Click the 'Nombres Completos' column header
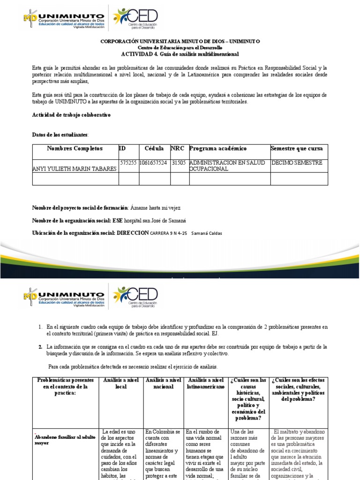(x=75, y=149)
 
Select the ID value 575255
(x=128, y=163)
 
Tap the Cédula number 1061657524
(x=154, y=163)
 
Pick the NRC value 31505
(x=179, y=163)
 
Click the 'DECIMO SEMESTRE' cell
(x=296, y=163)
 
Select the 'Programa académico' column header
(x=217, y=149)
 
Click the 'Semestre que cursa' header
(x=297, y=149)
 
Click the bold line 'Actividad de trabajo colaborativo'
(x=71, y=115)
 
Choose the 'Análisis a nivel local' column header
(x=121, y=383)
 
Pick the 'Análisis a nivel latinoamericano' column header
(x=205, y=383)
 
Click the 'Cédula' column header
(x=154, y=149)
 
